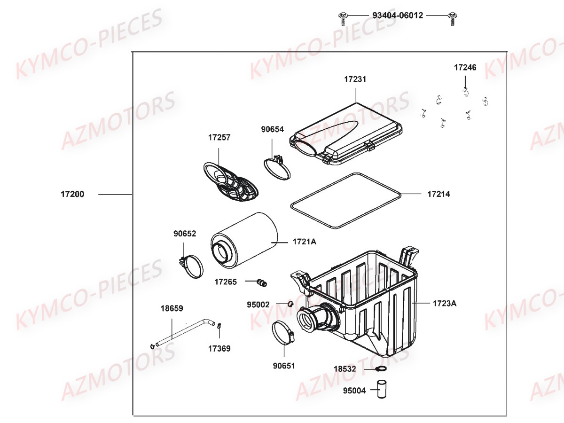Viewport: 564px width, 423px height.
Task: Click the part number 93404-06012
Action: (398, 16)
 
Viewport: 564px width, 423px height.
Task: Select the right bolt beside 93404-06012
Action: (453, 19)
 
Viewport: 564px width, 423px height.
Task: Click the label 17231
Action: (355, 79)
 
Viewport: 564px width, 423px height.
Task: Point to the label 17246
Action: (465, 67)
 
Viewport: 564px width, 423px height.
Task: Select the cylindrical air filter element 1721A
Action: (244, 240)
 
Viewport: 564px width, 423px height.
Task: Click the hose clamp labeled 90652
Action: (191, 266)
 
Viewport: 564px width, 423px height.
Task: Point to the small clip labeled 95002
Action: (290, 304)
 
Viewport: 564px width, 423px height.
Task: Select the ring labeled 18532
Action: (381, 369)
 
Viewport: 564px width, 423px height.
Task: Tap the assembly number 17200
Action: (72, 194)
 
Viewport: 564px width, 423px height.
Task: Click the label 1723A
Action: (445, 303)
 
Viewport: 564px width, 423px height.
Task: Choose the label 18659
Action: (172, 308)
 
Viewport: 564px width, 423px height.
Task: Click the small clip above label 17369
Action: (219, 326)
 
